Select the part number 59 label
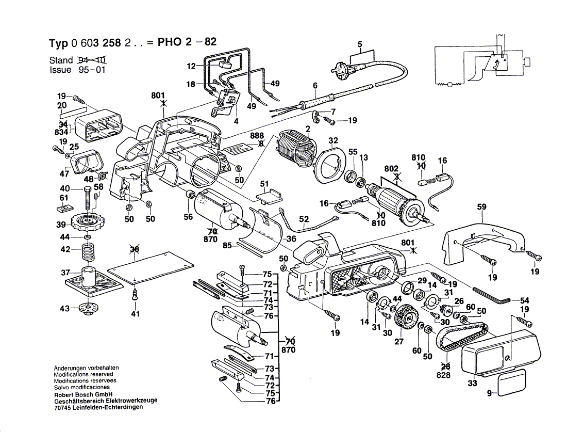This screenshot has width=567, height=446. click(481, 208)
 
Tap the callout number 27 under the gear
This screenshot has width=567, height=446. click(398, 342)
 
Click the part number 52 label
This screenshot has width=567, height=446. click(304, 219)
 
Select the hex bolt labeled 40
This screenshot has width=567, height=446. click(89, 197)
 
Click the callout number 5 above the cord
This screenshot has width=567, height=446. click(360, 44)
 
